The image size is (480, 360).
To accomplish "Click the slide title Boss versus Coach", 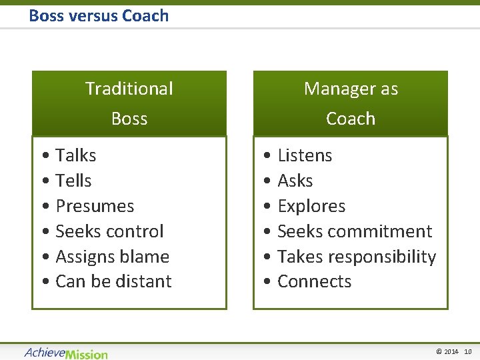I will [x=99, y=15].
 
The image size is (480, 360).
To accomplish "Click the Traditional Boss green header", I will [x=129, y=103].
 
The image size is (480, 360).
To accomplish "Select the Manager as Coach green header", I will [x=351, y=103].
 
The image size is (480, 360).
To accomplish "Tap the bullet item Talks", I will [x=75, y=155].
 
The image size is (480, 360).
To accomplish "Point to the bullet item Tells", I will [x=73, y=181].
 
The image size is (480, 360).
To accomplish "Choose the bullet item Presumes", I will [x=95, y=206].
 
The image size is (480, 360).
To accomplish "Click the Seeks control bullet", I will [x=109, y=231].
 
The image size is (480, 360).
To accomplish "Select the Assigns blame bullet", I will [x=112, y=257].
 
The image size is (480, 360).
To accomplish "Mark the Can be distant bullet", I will [x=113, y=281].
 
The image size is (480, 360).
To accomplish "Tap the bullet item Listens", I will [x=304, y=155].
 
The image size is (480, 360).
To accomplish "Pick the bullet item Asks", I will [x=295, y=181].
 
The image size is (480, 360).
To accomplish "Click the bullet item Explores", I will [x=311, y=206].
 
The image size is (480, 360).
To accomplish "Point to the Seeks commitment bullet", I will [x=355, y=231].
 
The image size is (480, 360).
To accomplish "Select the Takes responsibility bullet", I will [x=356, y=257].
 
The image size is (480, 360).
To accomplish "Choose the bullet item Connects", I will [x=314, y=281].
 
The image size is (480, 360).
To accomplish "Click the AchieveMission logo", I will [x=66, y=353].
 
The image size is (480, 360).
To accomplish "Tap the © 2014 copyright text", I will [x=447, y=351].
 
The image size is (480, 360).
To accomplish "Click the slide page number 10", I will [x=468, y=351].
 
